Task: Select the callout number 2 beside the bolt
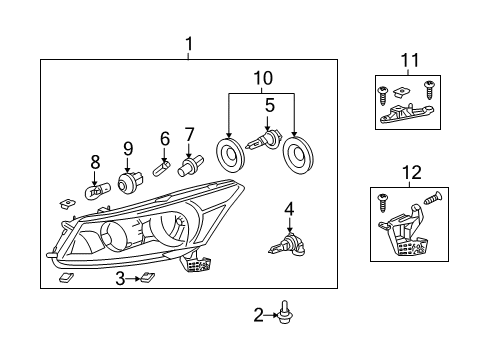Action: (259, 316)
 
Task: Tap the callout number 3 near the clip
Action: (120, 278)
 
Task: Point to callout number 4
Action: (289, 209)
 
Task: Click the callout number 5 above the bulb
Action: (269, 103)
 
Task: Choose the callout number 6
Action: (165, 138)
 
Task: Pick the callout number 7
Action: (189, 134)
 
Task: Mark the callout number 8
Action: (95, 160)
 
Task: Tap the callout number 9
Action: (128, 149)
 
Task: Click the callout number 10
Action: (262, 77)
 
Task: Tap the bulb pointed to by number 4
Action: (284, 240)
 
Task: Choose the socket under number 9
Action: (129, 182)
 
